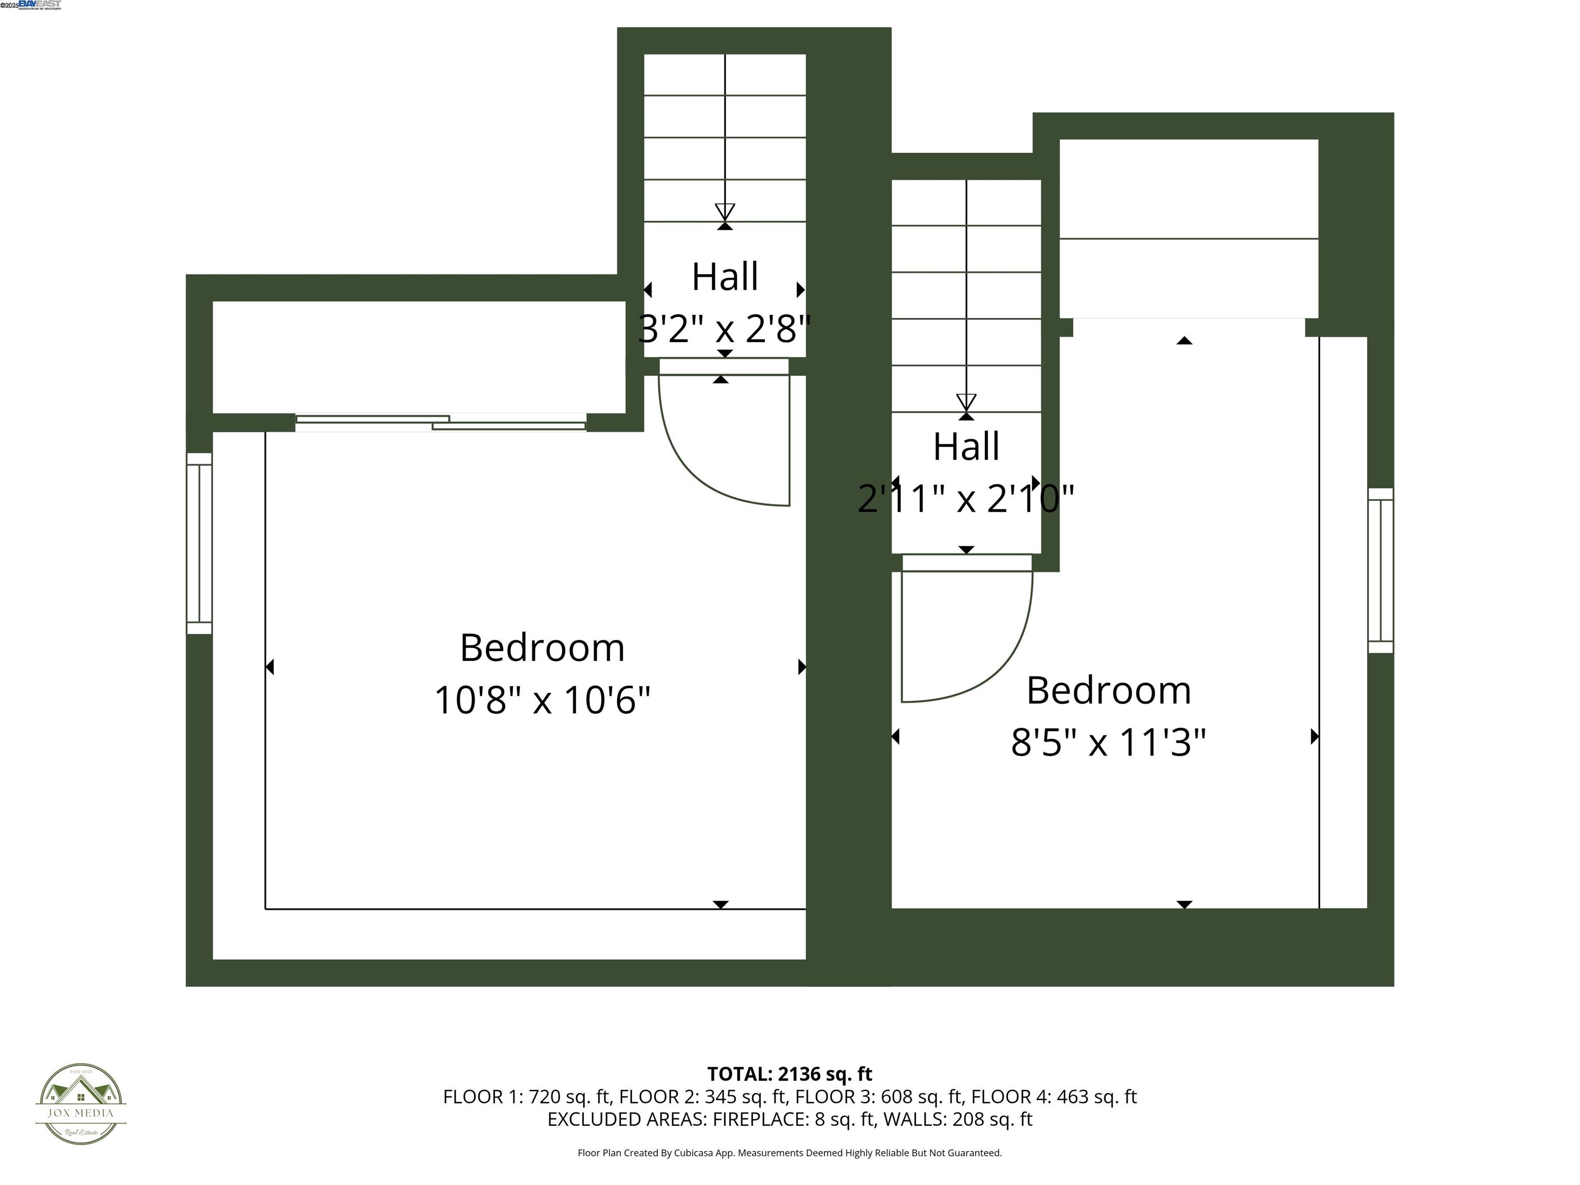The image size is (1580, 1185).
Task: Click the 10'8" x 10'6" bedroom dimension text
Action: [x=542, y=700]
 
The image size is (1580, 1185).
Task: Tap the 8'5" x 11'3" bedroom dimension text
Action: [x=1108, y=743]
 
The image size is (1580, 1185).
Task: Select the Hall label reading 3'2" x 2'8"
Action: [x=724, y=329]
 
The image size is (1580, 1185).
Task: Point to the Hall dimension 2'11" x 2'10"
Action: [x=966, y=498]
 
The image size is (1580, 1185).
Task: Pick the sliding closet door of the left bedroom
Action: [x=441, y=422]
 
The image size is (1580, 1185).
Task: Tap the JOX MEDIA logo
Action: [x=81, y=1104]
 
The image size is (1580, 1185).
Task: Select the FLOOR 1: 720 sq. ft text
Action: [x=527, y=1097]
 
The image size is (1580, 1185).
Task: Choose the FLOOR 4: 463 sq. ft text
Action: [x=1053, y=1097]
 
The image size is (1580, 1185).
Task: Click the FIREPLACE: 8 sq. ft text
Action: [x=794, y=1119]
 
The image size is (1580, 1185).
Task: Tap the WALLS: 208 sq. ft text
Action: [x=958, y=1119]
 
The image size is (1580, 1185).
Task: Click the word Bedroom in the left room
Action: [x=542, y=648]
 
